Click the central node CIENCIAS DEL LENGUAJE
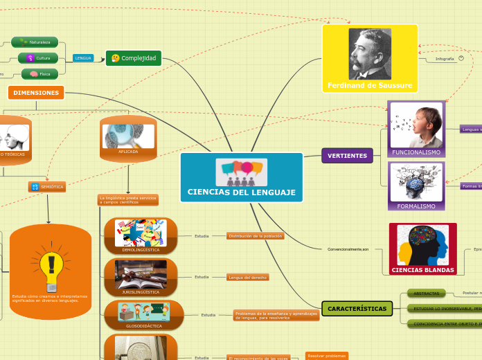(x=241, y=191)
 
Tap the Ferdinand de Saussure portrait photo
(x=369, y=53)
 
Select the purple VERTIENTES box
(x=347, y=156)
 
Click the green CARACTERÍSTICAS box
(x=357, y=308)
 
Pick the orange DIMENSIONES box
(x=36, y=92)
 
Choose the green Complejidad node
(x=134, y=58)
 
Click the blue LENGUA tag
(x=83, y=58)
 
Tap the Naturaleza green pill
(x=35, y=42)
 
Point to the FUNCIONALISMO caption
(x=416, y=152)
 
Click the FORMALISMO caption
(x=416, y=206)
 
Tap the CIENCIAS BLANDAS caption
(x=422, y=270)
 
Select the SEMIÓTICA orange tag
(x=47, y=187)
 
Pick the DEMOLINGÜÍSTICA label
(x=141, y=249)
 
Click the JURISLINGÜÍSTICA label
(x=141, y=292)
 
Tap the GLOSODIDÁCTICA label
(x=144, y=325)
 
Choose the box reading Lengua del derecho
(x=247, y=277)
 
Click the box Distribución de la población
(x=256, y=236)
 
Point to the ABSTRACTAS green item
(x=427, y=294)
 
